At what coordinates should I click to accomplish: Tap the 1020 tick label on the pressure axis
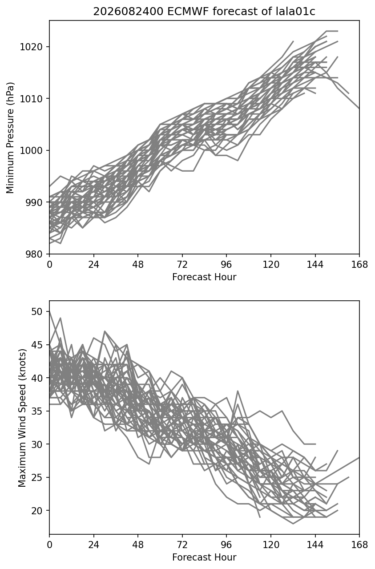click(x=32, y=47)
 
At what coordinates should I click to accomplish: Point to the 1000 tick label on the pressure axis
click(x=32, y=150)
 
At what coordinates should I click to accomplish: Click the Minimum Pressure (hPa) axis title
click(x=10, y=137)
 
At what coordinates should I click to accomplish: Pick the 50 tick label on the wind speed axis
click(x=37, y=311)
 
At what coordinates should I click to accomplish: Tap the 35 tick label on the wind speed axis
click(x=37, y=411)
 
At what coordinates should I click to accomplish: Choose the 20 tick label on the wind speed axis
click(x=37, y=511)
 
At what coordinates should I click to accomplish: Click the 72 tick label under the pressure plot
click(x=182, y=265)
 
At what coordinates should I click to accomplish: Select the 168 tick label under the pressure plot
click(x=359, y=265)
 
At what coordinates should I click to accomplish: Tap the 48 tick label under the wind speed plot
click(x=138, y=545)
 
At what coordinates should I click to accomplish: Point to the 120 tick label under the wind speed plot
click(x=271, y=545)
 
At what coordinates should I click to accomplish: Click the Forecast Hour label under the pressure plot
click(x=204, y=277)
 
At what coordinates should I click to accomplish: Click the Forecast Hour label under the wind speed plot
click(x=204, y=557)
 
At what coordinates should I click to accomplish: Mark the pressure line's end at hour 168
click(x=359, y=109)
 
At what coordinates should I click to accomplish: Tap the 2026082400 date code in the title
click(x=128, y=12)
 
